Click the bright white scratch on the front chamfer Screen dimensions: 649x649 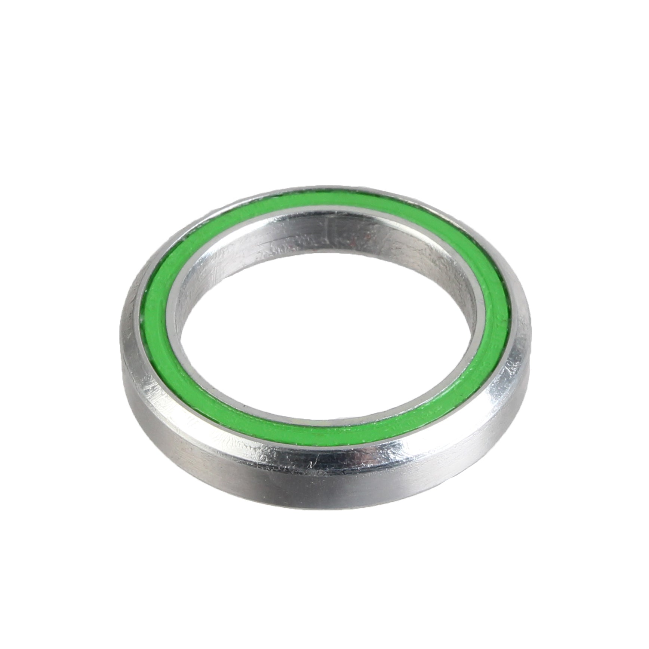coord(314,462)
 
